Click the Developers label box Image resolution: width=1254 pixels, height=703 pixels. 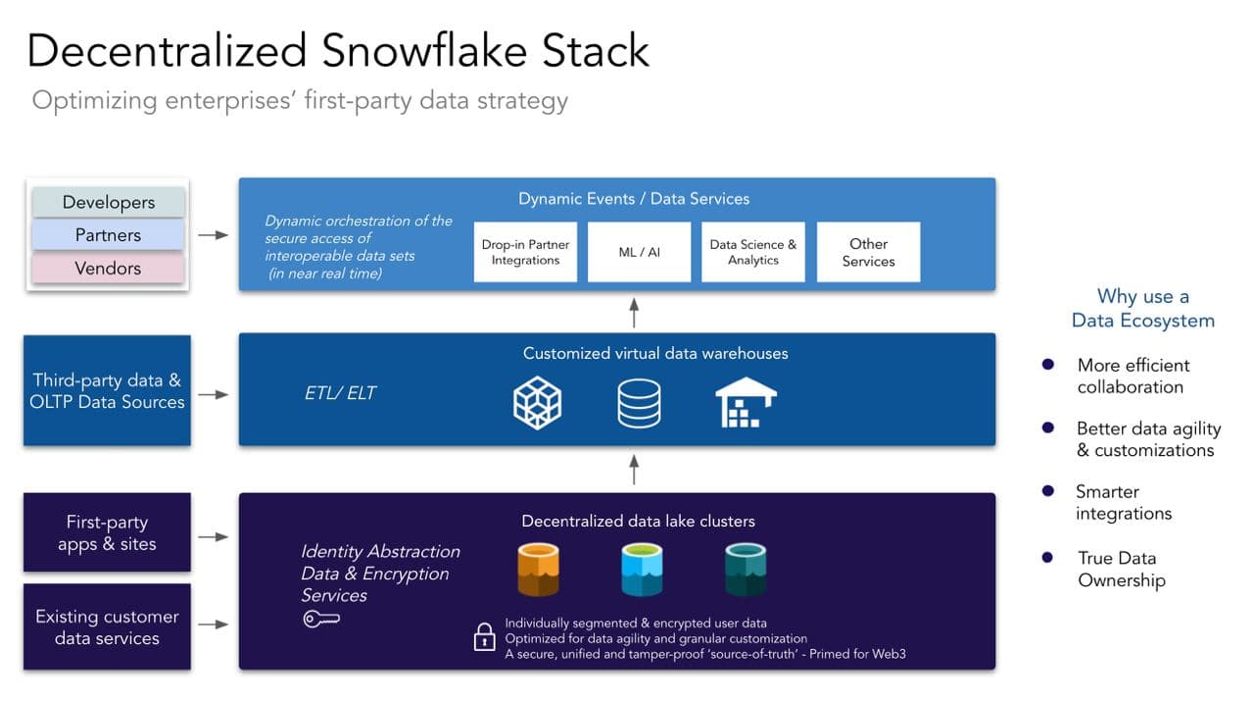click(x=108, y=202)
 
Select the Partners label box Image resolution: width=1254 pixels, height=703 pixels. click(x=108, y=235)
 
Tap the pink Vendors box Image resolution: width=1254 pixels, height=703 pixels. click(x=108, y=268)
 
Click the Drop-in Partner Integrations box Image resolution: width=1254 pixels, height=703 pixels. click(x=525, y=252)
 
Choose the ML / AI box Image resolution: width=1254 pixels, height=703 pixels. click(x=639, y=252)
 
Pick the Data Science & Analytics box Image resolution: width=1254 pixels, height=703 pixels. click(x=752, y=252)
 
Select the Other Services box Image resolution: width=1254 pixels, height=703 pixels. click(x=868, y=252)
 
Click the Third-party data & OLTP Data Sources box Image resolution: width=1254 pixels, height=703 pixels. click(x=108, y=390)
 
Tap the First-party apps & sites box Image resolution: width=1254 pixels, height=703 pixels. click(x=108, y=532)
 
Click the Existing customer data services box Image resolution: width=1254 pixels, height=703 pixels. click(x=108, y=627)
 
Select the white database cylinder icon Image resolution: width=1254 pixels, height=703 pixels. click(x=639, y=403)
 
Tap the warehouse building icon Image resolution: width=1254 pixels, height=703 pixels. click(x=746, y=402)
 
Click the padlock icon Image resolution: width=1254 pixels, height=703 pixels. click(x=484, y=637)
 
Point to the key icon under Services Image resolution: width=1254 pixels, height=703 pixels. click(x=320, y=620)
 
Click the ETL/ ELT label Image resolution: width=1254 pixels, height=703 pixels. click(x=340, y=393)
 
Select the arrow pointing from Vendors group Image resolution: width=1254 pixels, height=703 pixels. click(x=214, y=235)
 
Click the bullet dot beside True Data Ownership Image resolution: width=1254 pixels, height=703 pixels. click(x=1047, y=557)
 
